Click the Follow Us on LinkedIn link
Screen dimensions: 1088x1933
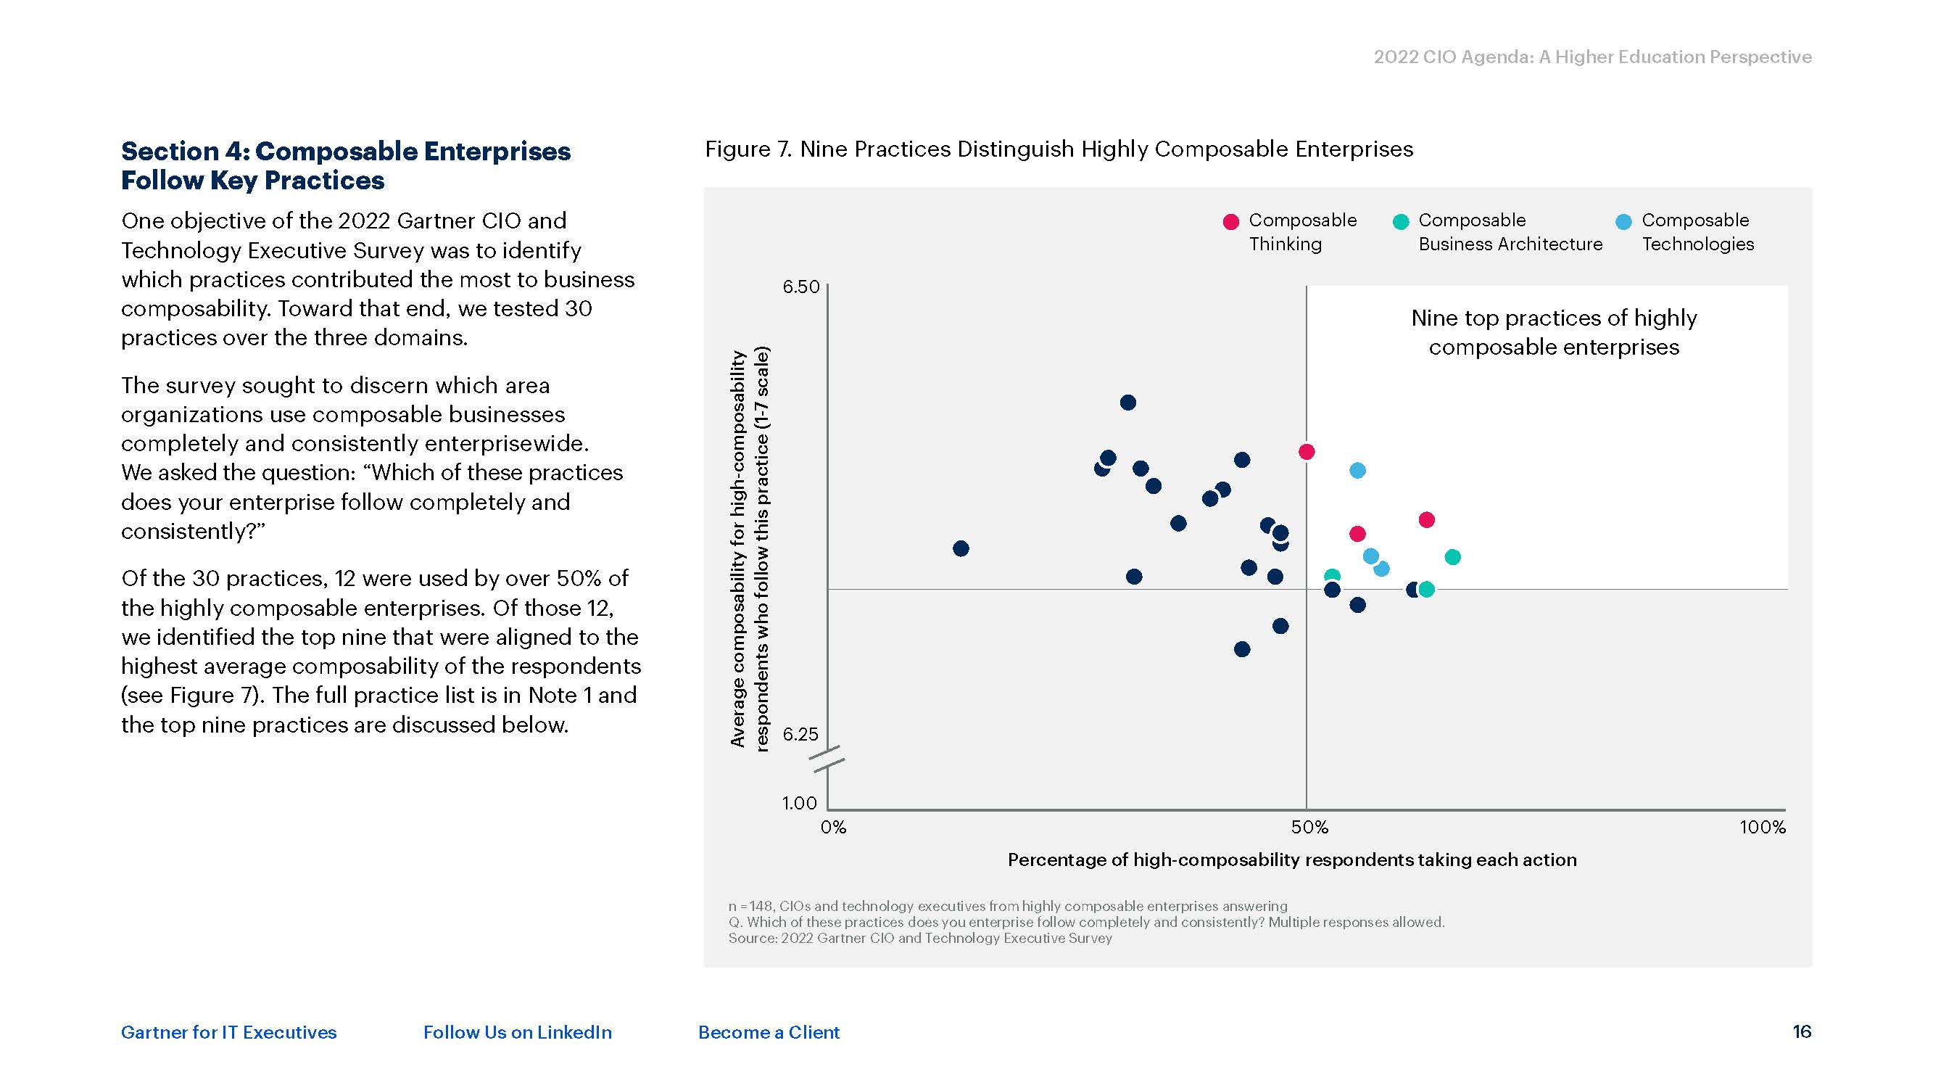tap(517, 1032)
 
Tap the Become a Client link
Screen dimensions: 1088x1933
tap(769, 1032)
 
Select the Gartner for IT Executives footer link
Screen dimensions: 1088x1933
tap(229, 1032)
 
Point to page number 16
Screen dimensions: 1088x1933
tap(1802, 1031)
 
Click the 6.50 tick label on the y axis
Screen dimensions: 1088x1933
tap(800, 287)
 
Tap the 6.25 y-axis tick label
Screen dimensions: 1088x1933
tap(800, 734)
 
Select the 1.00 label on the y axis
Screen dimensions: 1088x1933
tap(799, 803)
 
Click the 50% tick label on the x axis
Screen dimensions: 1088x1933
tap(1309, 828)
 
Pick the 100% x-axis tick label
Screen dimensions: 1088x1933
tap(1762, 828)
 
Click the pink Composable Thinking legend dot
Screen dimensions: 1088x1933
tap(1230, 221)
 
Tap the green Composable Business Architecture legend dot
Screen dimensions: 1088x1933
tap(1400, 221)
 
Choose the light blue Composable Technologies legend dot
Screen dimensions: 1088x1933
tap(1624, 221)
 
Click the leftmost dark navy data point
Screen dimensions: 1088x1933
tap(961, 549)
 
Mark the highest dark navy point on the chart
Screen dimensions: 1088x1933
tap(1128, 403)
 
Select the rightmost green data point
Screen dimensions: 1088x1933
tap(1453, 557)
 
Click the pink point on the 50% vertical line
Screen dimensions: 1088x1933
tap(1307, 451)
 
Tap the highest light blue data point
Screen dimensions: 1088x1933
tap(1357, 471)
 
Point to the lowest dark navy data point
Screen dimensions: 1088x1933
tap(1242, 648)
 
